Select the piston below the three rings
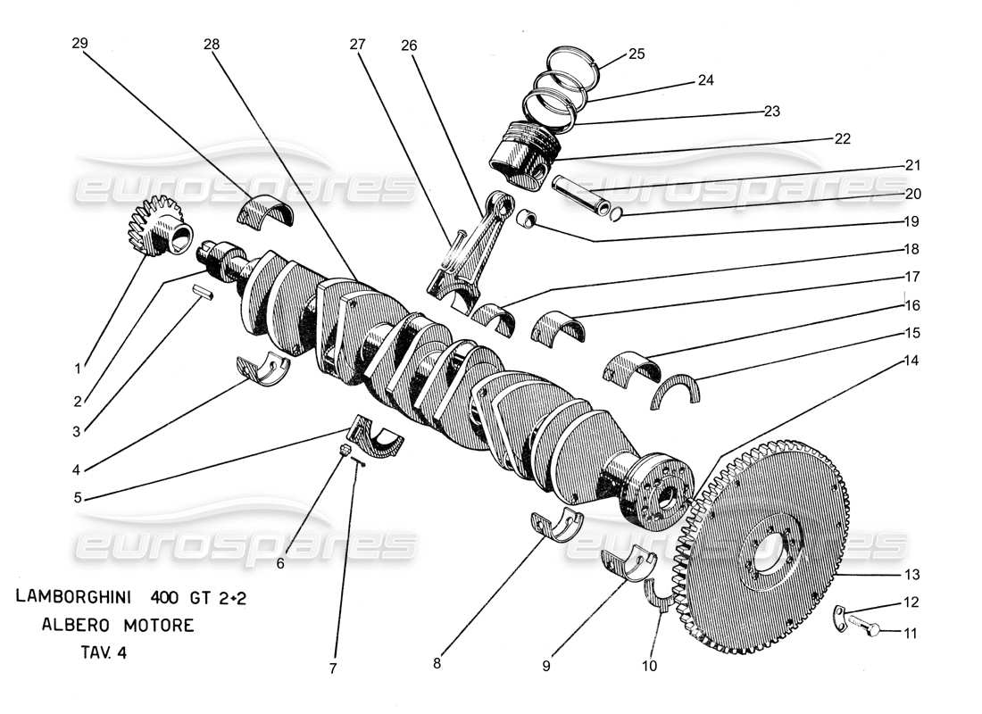pyautogui.click(x=524, y=154)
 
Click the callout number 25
pyautogui.click(x=635, y=54)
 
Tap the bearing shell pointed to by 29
pyautogui.click(x=264, y=212)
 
